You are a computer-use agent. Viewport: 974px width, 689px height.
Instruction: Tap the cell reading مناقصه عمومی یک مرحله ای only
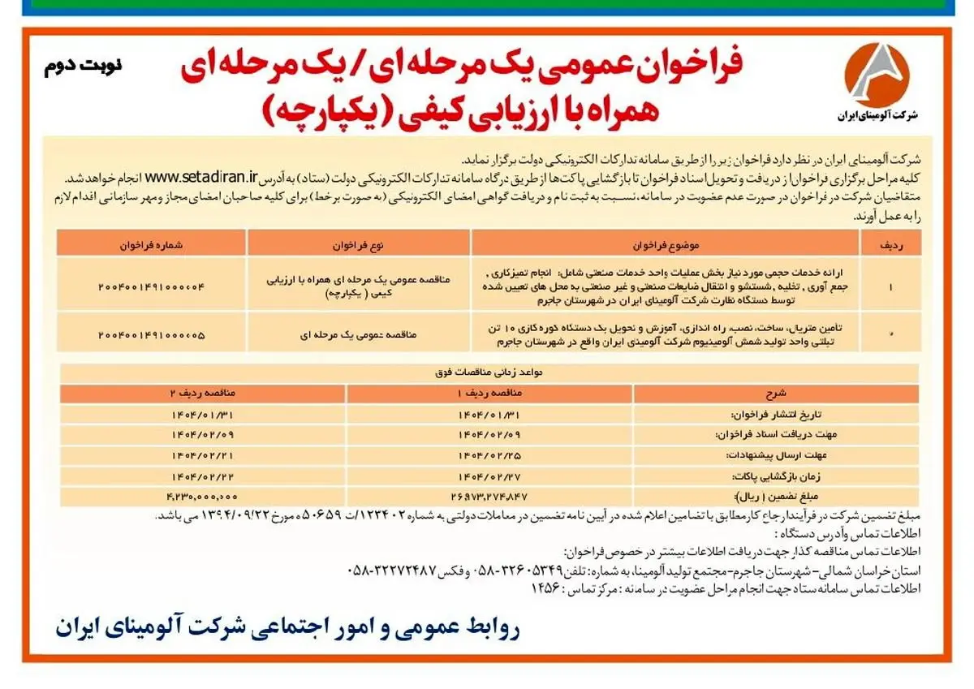point(359,334)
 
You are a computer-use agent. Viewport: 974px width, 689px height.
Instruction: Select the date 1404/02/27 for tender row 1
point(489,474)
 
